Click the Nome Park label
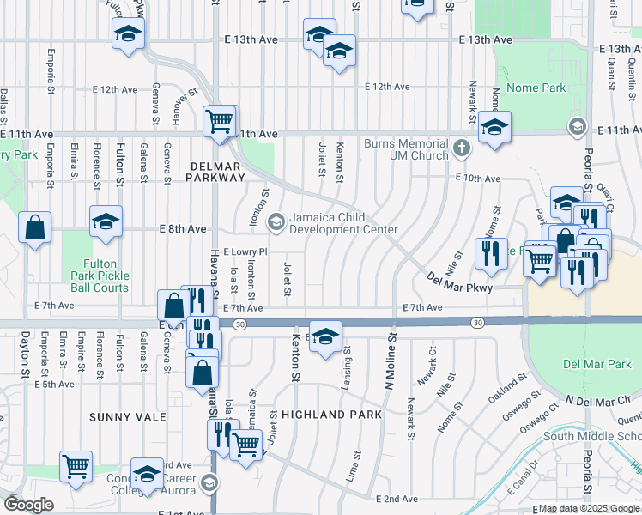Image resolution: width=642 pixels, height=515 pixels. [536, 88]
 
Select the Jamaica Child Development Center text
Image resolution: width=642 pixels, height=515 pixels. [343, 223]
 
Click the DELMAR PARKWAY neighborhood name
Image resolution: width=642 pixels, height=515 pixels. [215, 170]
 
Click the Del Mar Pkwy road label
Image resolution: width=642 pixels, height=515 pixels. [459, 282]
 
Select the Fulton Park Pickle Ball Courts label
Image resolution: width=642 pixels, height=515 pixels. [94, 276]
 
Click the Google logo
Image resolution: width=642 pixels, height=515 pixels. [28, 504]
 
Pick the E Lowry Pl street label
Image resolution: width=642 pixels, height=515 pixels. [245, 252]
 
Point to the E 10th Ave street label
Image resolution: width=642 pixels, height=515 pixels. [478, 179]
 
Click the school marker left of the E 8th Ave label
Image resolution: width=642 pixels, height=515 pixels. [106, 221]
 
